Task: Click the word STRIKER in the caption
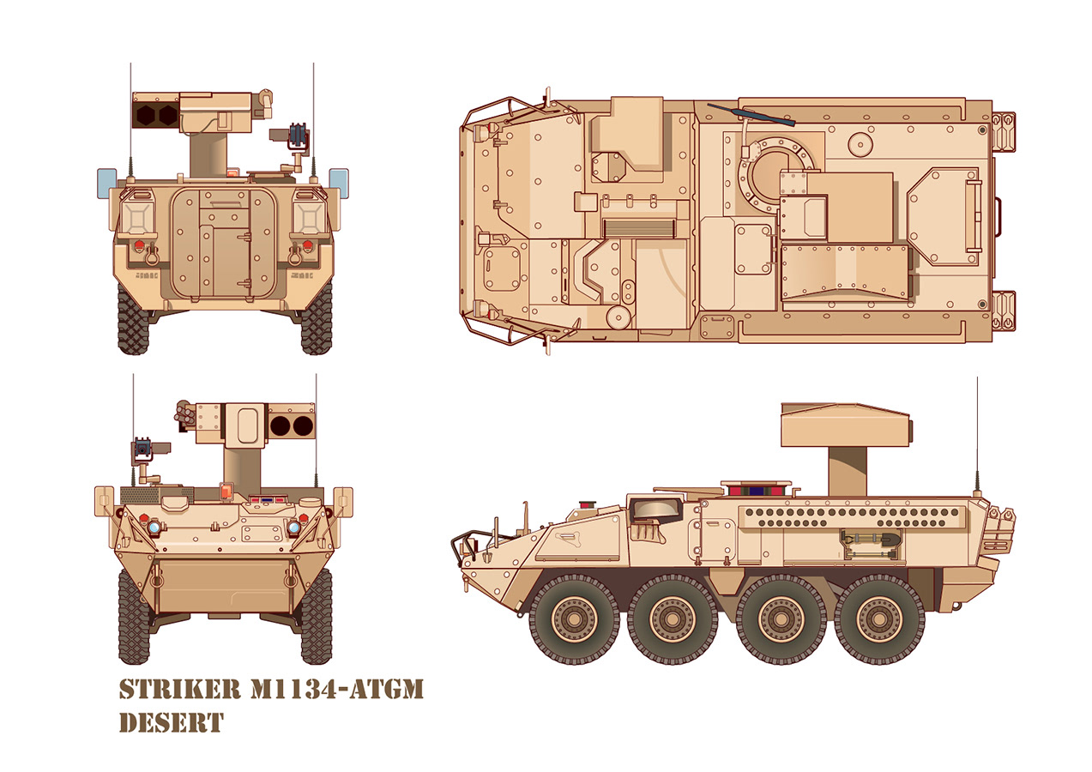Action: click(180, 689)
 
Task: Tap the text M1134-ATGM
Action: click(336, 689)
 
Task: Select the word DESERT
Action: click(172, 723)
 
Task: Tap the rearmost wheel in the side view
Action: click(879, 618)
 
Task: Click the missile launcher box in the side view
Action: click(845, 425)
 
